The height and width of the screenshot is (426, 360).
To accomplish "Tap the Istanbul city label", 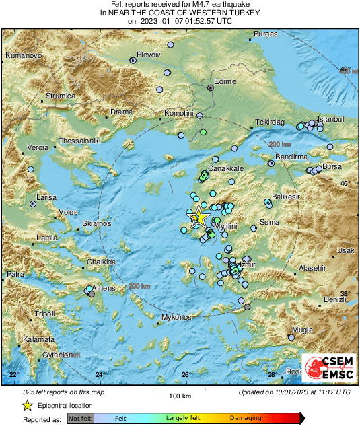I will point(330,118).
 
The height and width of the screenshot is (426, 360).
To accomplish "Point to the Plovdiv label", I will point(149,53).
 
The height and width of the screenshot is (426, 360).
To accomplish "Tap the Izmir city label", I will point(248,265).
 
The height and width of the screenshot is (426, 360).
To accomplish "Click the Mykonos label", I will point(177,316).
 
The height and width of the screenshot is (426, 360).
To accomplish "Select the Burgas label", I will point(266,34).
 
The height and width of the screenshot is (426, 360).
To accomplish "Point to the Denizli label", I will point(332,299).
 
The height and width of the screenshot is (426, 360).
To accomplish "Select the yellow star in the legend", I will point(27,405).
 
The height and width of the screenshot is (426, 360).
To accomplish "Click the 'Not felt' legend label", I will point(80,419).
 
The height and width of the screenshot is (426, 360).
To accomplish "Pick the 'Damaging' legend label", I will point(246,419).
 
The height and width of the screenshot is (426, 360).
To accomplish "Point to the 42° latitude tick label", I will point(345,69).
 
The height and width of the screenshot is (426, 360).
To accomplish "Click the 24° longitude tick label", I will point(100,374).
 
